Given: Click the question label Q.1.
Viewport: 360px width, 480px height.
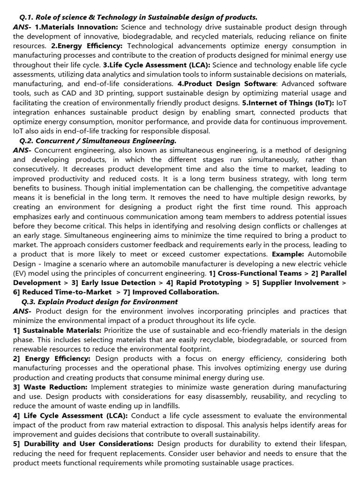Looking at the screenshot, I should click(25, 17).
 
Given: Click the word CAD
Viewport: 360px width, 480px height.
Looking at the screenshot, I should click(71, 93).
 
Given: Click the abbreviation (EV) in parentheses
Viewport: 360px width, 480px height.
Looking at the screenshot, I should click(21, 273).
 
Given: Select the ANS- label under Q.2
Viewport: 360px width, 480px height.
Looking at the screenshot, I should click(22, 150).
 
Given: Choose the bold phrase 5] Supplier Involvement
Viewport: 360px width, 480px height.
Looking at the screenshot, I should click(300, 282).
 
